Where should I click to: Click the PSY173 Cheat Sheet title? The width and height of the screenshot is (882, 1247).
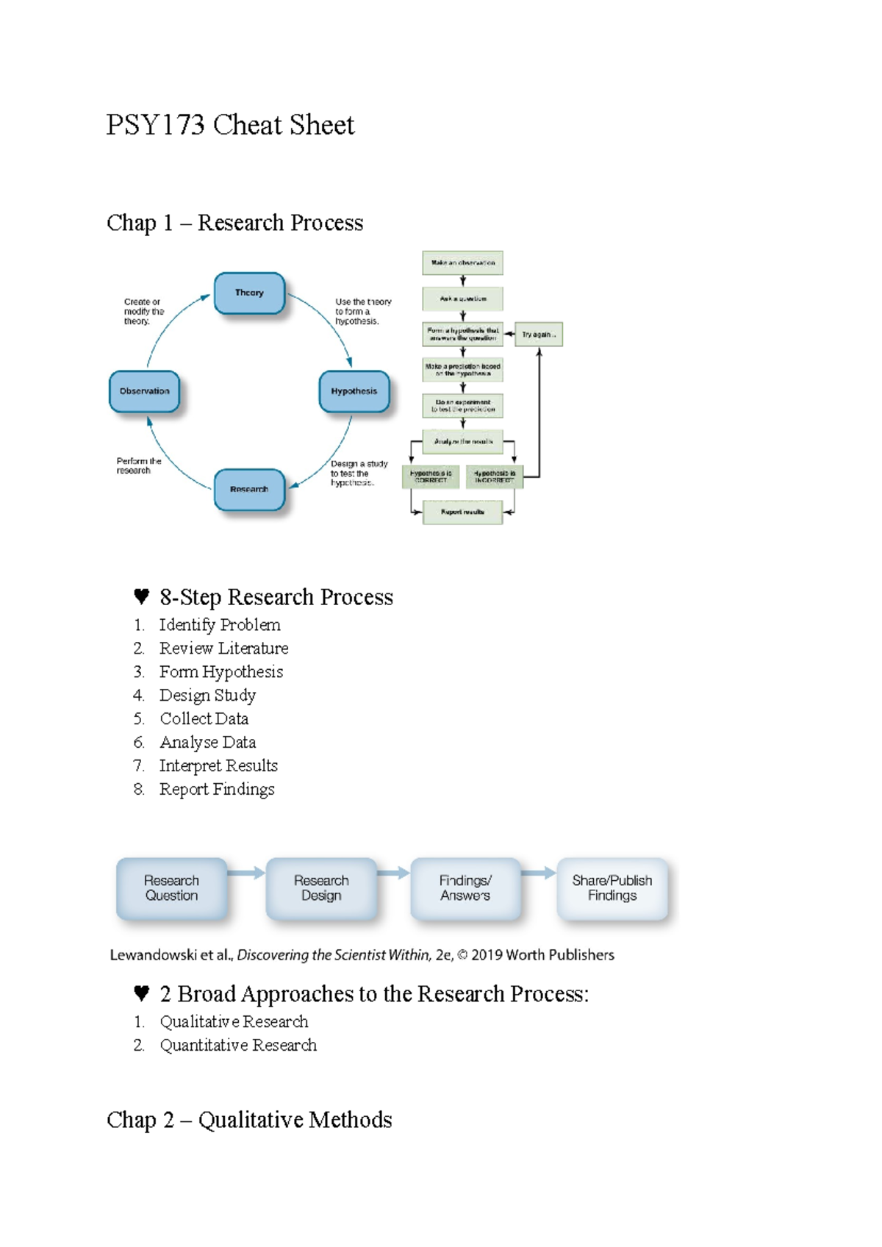pos(230,125)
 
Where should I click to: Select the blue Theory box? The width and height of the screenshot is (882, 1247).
pos(249,293)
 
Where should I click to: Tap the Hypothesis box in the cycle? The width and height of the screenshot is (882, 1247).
pos(354,391)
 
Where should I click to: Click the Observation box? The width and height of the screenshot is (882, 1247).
pos(144,391)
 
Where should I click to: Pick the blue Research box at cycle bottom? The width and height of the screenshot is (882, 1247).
pos(249,489)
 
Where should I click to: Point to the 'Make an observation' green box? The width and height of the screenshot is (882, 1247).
pos(462,262)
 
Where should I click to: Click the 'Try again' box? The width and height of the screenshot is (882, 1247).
pos(539,335)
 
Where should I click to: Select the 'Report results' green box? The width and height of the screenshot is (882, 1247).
pos(462,512)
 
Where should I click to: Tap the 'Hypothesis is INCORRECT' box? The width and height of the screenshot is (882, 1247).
pos(494,476)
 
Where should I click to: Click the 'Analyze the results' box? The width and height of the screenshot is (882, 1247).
pos(462,441)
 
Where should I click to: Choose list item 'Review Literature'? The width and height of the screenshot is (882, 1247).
pos(223,648)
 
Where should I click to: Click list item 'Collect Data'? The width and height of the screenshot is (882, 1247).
pos(204,719)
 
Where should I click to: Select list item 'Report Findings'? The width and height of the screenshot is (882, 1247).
pos(217,790)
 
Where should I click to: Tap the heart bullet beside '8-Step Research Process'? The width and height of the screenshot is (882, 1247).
pos(142,596)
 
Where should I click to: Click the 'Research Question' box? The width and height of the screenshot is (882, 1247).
pos(171,888)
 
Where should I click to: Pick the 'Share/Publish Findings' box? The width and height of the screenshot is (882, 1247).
pos(612,888)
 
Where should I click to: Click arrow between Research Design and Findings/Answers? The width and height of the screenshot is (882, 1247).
pos(393,873)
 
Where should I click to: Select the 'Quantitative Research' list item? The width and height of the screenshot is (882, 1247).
pos(238,1046)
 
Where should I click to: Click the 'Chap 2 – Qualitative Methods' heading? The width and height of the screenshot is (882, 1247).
pos(249,1120)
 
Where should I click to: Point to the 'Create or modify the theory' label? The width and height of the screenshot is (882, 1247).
pos(143,312)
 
